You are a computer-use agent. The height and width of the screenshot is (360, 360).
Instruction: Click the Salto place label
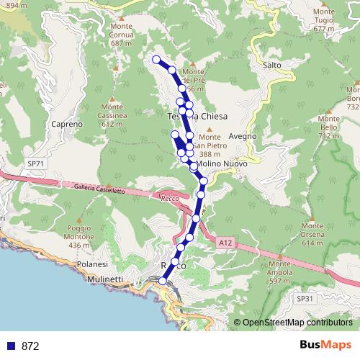click(272, 65)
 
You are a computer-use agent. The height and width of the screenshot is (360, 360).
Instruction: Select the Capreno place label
click(68, 124)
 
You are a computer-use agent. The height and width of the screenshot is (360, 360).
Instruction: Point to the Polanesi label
click(93, 265)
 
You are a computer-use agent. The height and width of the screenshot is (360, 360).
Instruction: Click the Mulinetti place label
click(104, 279)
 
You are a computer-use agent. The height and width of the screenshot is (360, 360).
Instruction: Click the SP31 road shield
click(306, 297)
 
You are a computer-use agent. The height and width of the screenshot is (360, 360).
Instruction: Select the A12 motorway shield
click(226, 243)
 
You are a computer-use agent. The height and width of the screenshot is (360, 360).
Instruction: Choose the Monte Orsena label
click(312, 238)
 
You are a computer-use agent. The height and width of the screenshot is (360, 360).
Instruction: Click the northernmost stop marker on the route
click(156, 59)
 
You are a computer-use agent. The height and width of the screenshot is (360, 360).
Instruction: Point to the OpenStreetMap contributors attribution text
click(297, 323)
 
